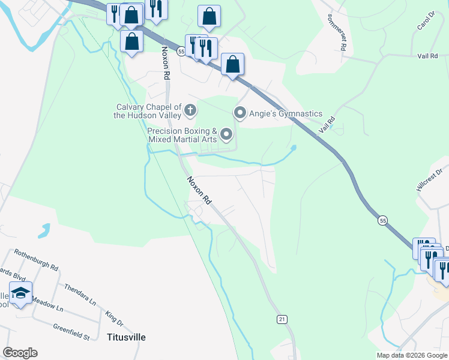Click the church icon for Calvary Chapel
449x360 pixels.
coord(190,110)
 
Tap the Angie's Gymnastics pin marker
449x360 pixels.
coord(240,113)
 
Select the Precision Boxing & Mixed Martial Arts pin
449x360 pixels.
coord(226,134)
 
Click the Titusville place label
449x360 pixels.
coord(126,337)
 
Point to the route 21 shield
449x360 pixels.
coord(282,319)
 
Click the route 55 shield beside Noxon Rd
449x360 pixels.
coord(181,52)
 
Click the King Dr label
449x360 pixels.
coord(114,319)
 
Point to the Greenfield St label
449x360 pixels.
coord(71,331)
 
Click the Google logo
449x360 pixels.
coord(20,353)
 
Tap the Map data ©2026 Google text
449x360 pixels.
coord(411,355)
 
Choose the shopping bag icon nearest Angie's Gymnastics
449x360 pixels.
coord(232,64)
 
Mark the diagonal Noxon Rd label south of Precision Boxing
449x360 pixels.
coord(199,190)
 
